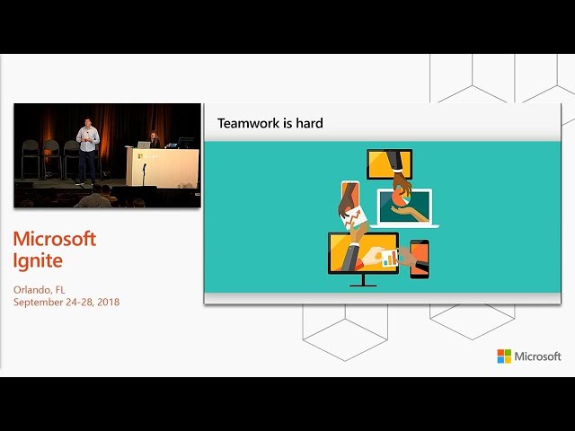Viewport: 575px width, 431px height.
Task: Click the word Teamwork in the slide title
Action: (249, 123)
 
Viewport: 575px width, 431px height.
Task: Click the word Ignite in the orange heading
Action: (38, 261)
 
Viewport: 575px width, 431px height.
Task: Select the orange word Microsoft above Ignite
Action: (55, 239)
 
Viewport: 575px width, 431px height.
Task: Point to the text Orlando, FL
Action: (40, 290)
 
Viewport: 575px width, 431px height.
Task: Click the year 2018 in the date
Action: (109, 302)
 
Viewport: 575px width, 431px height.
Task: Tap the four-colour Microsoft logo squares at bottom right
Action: (504, 356)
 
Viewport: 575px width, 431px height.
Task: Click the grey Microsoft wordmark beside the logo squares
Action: (537, 356)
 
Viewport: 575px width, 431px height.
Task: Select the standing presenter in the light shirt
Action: (87, 150)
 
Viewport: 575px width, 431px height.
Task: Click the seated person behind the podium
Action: (155, 140)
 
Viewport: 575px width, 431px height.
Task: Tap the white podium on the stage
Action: (163, 167)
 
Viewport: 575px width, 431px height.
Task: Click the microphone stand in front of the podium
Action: (144, 175)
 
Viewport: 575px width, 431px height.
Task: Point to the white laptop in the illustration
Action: (404, 208)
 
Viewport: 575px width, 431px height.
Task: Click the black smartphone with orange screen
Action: (420, 259)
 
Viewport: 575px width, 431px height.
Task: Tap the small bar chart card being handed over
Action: (389, 258)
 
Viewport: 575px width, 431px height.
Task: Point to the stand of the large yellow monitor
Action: (363, 280)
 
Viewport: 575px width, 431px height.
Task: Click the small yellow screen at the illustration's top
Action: (389, 163)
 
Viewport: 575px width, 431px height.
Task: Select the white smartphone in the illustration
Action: (349, 198)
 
